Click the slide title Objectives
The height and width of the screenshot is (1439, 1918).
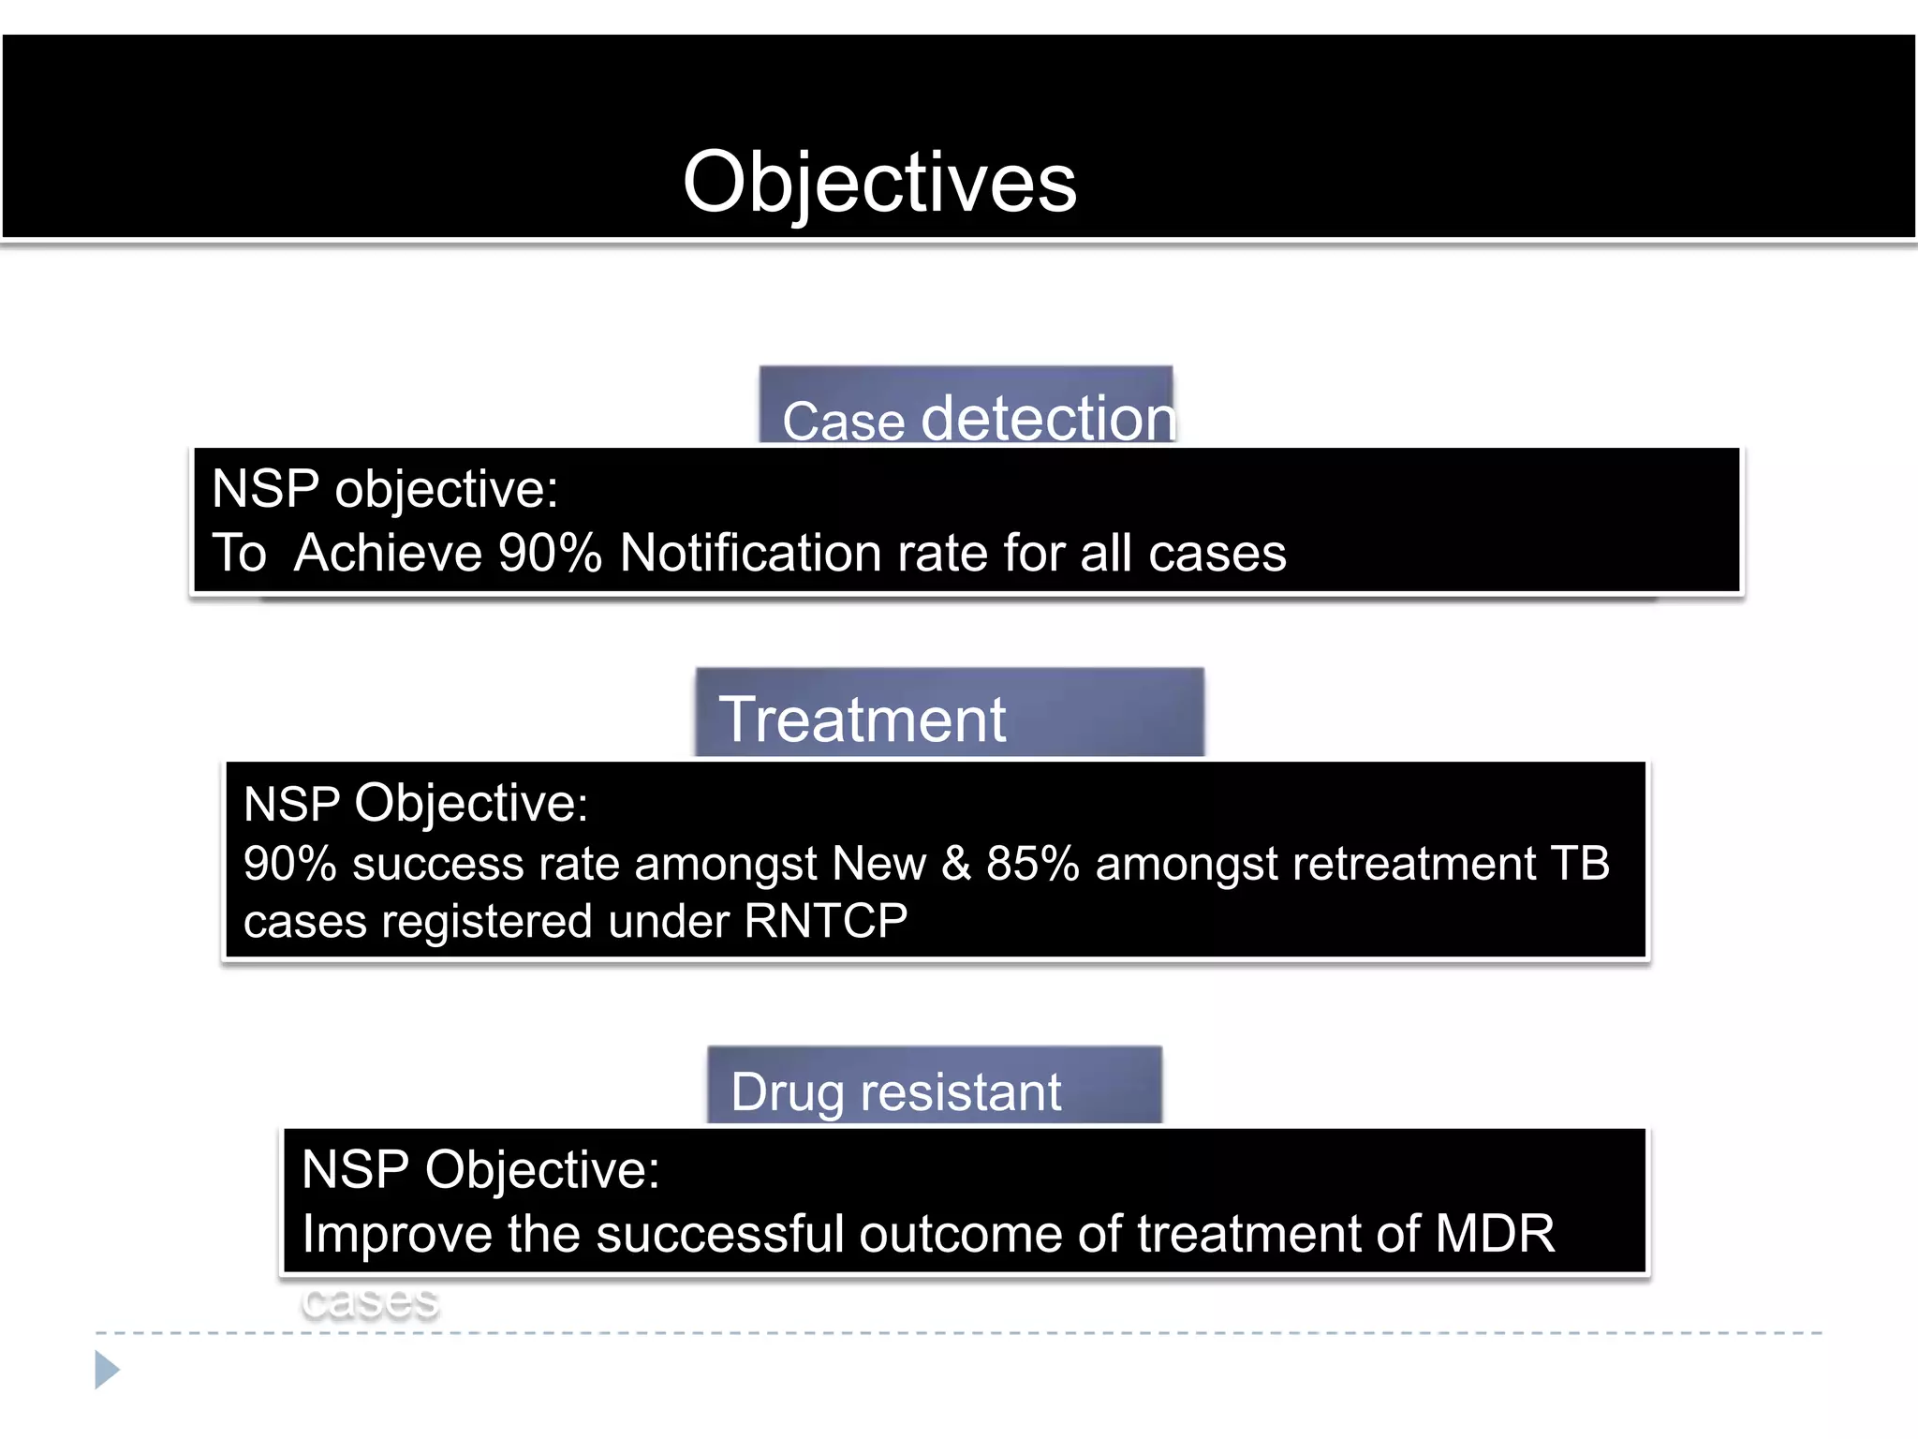[879, 183]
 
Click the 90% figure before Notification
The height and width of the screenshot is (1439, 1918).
[550, 553]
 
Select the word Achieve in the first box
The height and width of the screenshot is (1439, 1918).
[388, 553]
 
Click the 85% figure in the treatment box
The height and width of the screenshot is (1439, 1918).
[1032, 863]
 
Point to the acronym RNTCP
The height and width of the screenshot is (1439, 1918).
[825, 921]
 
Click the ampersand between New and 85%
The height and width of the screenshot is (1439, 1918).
[955, 863]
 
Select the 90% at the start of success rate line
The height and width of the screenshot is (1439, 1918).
[289, 863]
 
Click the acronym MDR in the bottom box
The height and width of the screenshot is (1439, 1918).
[1495, 1233]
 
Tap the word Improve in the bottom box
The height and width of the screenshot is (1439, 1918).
[395, 1234]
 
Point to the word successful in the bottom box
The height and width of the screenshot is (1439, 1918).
[719, 1233]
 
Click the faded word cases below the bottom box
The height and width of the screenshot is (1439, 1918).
[370, 1300]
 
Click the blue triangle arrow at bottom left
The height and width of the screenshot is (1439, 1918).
[106, 1370]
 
